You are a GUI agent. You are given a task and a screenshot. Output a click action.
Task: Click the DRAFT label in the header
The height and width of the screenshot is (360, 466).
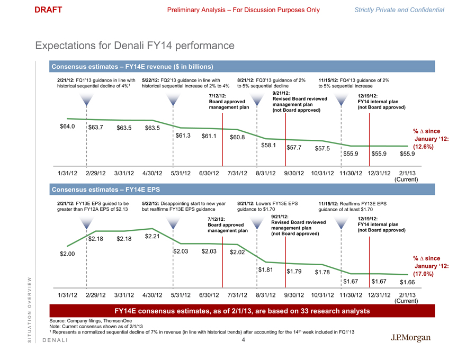click(48, 10)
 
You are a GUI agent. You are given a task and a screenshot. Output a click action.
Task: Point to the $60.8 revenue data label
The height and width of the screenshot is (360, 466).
click(237, 138)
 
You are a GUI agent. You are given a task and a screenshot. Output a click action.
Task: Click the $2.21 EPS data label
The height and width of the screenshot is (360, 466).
click(153, 236)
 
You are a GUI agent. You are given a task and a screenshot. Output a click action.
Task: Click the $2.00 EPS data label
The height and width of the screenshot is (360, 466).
click(66, 254)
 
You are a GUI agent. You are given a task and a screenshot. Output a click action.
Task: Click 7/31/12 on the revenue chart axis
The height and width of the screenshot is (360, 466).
click(238, 173)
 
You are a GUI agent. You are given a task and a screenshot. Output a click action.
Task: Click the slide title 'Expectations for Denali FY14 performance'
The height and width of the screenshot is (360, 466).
click(135, 47)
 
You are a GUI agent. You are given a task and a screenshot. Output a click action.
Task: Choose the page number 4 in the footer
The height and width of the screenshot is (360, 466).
click(243, 340)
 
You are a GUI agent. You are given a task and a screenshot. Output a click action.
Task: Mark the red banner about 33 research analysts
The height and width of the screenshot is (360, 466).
click(242, 310)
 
